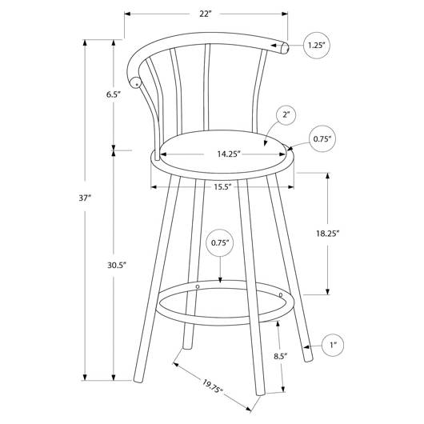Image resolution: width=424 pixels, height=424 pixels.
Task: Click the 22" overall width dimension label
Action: click(x=205, y=14)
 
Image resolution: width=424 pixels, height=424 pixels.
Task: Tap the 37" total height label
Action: click(x=85, y=198)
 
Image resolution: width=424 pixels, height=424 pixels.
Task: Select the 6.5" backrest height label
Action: click(x=113, y=94)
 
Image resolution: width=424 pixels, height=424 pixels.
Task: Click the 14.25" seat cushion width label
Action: click(x=229, y=154)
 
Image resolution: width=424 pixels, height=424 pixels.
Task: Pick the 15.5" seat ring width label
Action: click(x=223, y=187)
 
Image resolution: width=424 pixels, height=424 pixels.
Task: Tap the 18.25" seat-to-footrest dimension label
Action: click(x=327, y=233)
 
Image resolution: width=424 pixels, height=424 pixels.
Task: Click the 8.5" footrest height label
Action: click(x=280, y=356)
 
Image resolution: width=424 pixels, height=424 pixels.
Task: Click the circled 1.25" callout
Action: click(x=316, y=45)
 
